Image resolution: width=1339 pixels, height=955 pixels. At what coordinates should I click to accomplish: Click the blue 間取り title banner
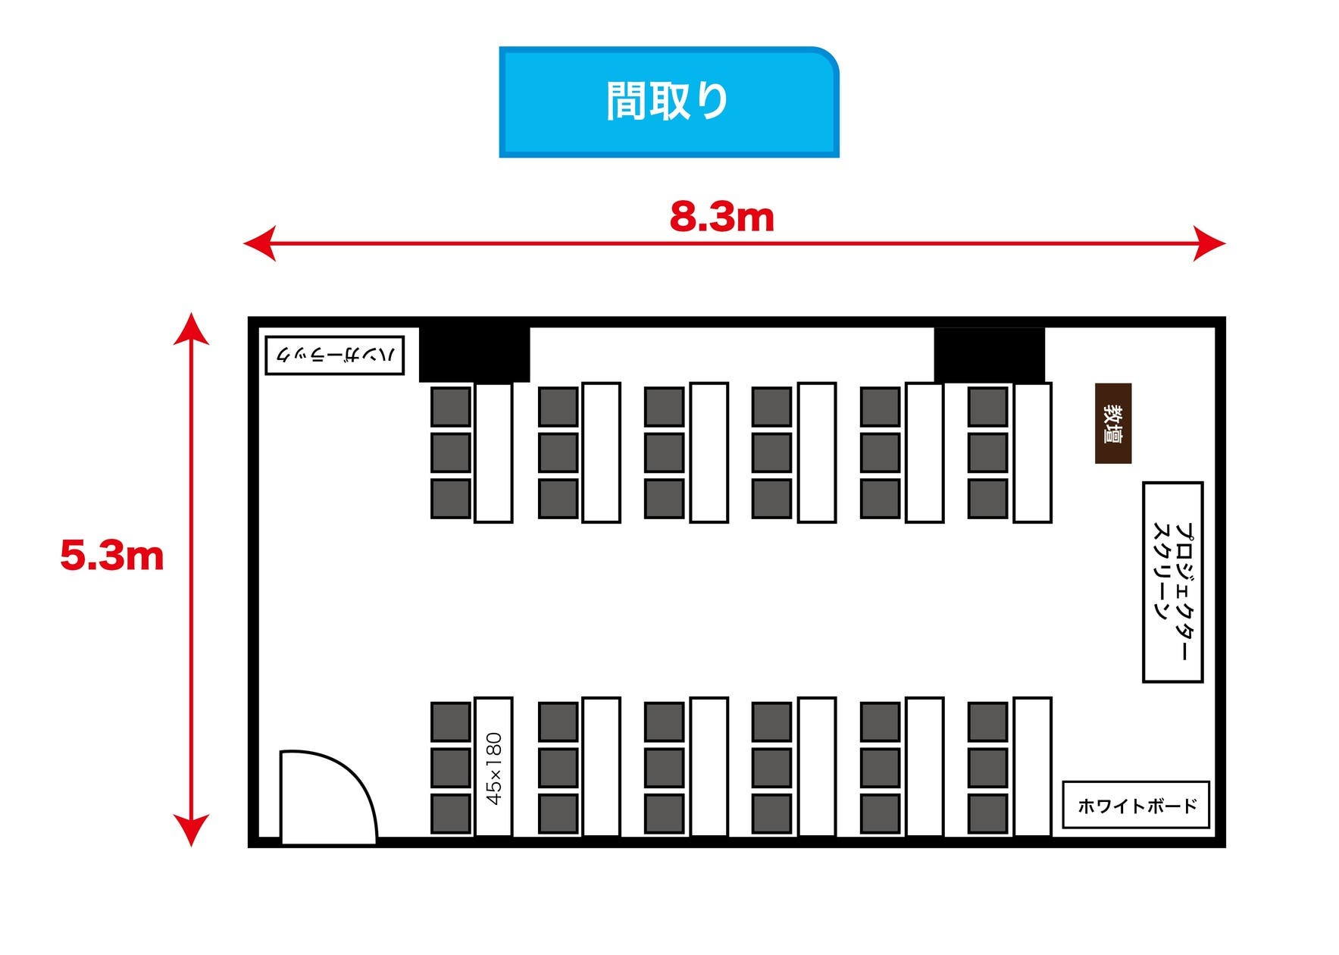click(x=668, y=102)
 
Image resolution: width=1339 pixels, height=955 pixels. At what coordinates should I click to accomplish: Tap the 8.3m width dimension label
click(x=721, y=217)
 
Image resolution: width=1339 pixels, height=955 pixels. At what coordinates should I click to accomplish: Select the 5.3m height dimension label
click(x=112, y=556)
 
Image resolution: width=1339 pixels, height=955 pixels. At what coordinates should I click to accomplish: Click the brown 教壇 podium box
click(x=1112, y=423)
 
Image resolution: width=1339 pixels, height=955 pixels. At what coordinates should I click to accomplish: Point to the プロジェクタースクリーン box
click(x=1172, y=581)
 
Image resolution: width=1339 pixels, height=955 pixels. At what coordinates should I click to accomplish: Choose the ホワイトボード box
click(x=1135, y=804)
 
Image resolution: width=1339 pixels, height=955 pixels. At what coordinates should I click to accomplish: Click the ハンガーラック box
click(x=334, y=355)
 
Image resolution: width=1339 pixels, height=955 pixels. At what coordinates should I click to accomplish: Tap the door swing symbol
click(x=326, y=796)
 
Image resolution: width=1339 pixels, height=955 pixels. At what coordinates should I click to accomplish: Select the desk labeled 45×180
click(x=493, y=766)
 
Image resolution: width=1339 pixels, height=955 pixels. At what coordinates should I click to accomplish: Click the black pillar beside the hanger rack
click(x=474, y=354)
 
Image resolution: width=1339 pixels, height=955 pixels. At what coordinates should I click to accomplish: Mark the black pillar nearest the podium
click(x=989, y=354)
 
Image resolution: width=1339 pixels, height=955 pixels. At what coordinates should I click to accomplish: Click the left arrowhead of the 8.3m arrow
click(x=258, y=243)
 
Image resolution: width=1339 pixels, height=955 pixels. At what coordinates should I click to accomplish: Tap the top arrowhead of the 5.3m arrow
click(x=191, y=327)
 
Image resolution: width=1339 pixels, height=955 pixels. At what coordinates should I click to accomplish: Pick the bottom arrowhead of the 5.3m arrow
click(x=191, y=831)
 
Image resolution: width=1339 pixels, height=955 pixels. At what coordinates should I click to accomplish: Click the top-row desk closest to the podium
click(x=1032, y=452)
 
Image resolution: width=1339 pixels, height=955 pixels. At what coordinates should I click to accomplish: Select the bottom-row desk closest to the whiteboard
click(x=1032, y=766)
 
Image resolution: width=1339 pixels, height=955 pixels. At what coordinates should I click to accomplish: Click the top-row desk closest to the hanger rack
click(x=493, y=452)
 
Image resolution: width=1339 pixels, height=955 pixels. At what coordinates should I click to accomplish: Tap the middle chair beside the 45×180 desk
click(x=451, y=768)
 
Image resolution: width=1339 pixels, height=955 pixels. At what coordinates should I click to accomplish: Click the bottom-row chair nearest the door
click(x=451, y=813)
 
